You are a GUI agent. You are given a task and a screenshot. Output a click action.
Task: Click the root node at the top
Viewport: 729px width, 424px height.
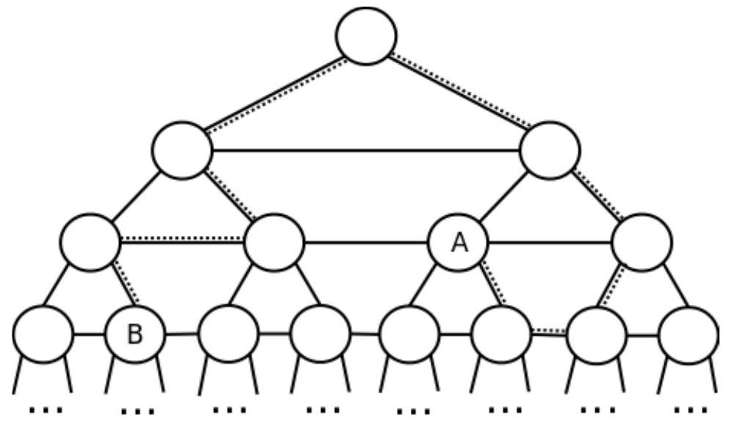[x=366, y=35]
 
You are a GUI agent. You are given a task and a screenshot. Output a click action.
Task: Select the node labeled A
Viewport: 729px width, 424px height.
[x=459, y=242]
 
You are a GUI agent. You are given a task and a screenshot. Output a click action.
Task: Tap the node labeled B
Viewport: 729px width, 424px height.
[x=135, y=334]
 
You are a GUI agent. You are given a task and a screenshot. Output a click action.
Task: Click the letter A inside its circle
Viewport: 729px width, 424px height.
[x=459, y=242]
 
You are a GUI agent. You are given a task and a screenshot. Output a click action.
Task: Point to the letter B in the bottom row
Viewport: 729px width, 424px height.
[x=135, y=334]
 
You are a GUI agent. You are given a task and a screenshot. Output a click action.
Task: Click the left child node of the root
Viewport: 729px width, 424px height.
[x=182, y=150]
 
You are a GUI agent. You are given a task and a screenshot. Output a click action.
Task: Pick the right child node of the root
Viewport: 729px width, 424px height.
[x=550, y=150]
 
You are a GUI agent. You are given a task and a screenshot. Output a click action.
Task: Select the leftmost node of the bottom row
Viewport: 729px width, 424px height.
[x=43, y=334]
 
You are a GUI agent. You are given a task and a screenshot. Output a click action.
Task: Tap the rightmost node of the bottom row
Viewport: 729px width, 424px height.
[x=688, y=334]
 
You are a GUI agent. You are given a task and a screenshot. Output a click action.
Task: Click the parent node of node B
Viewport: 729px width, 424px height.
[x=90, y=242]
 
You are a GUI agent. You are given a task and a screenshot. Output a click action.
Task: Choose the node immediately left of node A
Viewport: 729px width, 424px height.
[x=273, y=242]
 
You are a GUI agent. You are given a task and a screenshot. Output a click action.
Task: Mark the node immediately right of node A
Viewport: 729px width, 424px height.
[x=642, y=242]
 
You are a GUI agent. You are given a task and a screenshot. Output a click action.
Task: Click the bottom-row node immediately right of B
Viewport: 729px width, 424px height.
[x=228, y=334]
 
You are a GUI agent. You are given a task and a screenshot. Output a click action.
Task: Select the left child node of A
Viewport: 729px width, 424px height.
[x=410, y=334]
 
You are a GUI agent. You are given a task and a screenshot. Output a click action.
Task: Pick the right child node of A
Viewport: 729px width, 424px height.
[x=500, y=334]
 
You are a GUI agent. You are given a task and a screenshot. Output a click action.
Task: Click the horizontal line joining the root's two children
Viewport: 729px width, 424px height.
[x=366, y=151]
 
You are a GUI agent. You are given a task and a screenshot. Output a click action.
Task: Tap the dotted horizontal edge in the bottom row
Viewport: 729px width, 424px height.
[x=548, y=332]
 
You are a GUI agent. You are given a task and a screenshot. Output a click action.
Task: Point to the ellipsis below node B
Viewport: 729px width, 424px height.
[x=137, y=411]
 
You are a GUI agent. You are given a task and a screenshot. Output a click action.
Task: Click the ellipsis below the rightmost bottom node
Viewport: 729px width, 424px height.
[x=691, y=409]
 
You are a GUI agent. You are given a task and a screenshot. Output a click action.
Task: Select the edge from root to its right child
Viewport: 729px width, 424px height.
[x=459, y=93]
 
